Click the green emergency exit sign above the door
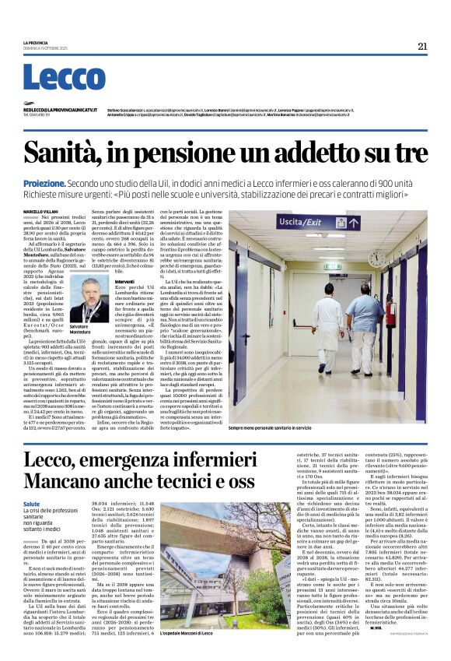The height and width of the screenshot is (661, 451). coord(333,267)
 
